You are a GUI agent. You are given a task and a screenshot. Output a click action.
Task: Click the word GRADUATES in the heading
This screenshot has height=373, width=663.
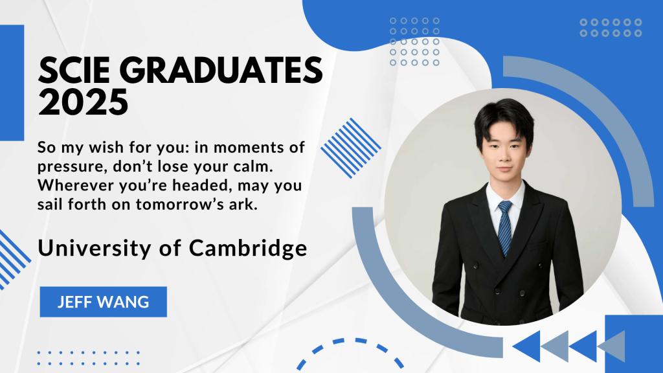[x=221, y=70]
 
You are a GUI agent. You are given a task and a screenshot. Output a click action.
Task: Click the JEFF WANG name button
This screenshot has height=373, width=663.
[x=103, y=302]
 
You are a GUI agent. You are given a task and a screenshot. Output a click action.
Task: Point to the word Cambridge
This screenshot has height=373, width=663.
[x=248, y=248]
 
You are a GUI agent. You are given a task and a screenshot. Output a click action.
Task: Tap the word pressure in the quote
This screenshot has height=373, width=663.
[x=71, y=167]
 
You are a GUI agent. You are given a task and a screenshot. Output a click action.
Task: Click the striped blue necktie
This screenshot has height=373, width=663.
[x=505, y=228]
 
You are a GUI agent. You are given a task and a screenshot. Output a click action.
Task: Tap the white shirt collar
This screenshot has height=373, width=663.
[x=505, y=194]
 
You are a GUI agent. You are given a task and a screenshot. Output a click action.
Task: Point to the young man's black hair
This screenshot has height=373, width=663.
[x=503, y=119]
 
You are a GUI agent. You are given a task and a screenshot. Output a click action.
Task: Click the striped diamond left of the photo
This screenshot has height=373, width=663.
[x=351, y=148]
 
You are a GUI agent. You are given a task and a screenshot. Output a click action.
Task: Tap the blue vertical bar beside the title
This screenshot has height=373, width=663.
[x=12, y=83]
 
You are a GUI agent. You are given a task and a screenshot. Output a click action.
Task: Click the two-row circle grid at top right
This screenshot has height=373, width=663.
[x=611, y=27]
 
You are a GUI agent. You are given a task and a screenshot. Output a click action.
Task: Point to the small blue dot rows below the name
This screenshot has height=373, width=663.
[x=88, y=357]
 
